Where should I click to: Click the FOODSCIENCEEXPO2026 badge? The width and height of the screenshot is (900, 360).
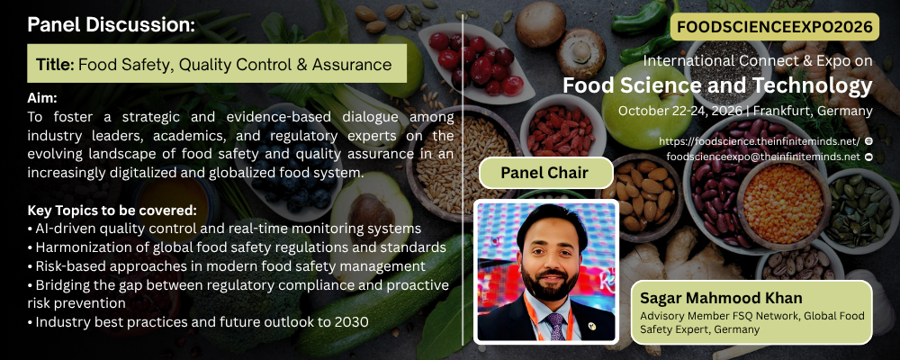(774, 26)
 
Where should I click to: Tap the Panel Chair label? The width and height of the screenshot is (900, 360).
(544, 173)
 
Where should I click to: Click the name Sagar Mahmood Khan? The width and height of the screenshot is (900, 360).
(721, 299)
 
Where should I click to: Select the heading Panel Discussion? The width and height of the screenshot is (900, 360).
(112, 24)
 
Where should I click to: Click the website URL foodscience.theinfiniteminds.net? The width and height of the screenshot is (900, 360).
(759, 141)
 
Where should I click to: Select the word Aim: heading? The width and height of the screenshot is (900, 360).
(42, 98)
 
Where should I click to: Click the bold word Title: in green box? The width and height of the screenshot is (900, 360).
(55, 64)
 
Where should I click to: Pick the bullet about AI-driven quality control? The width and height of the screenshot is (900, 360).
(224, 229)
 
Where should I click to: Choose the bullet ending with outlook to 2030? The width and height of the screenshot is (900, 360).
(198, 322)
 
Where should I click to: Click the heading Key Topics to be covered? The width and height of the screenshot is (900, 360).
(112, 210)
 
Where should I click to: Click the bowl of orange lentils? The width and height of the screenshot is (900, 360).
(783, 202)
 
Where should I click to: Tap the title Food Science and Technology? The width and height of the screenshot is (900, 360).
(717, 85)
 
